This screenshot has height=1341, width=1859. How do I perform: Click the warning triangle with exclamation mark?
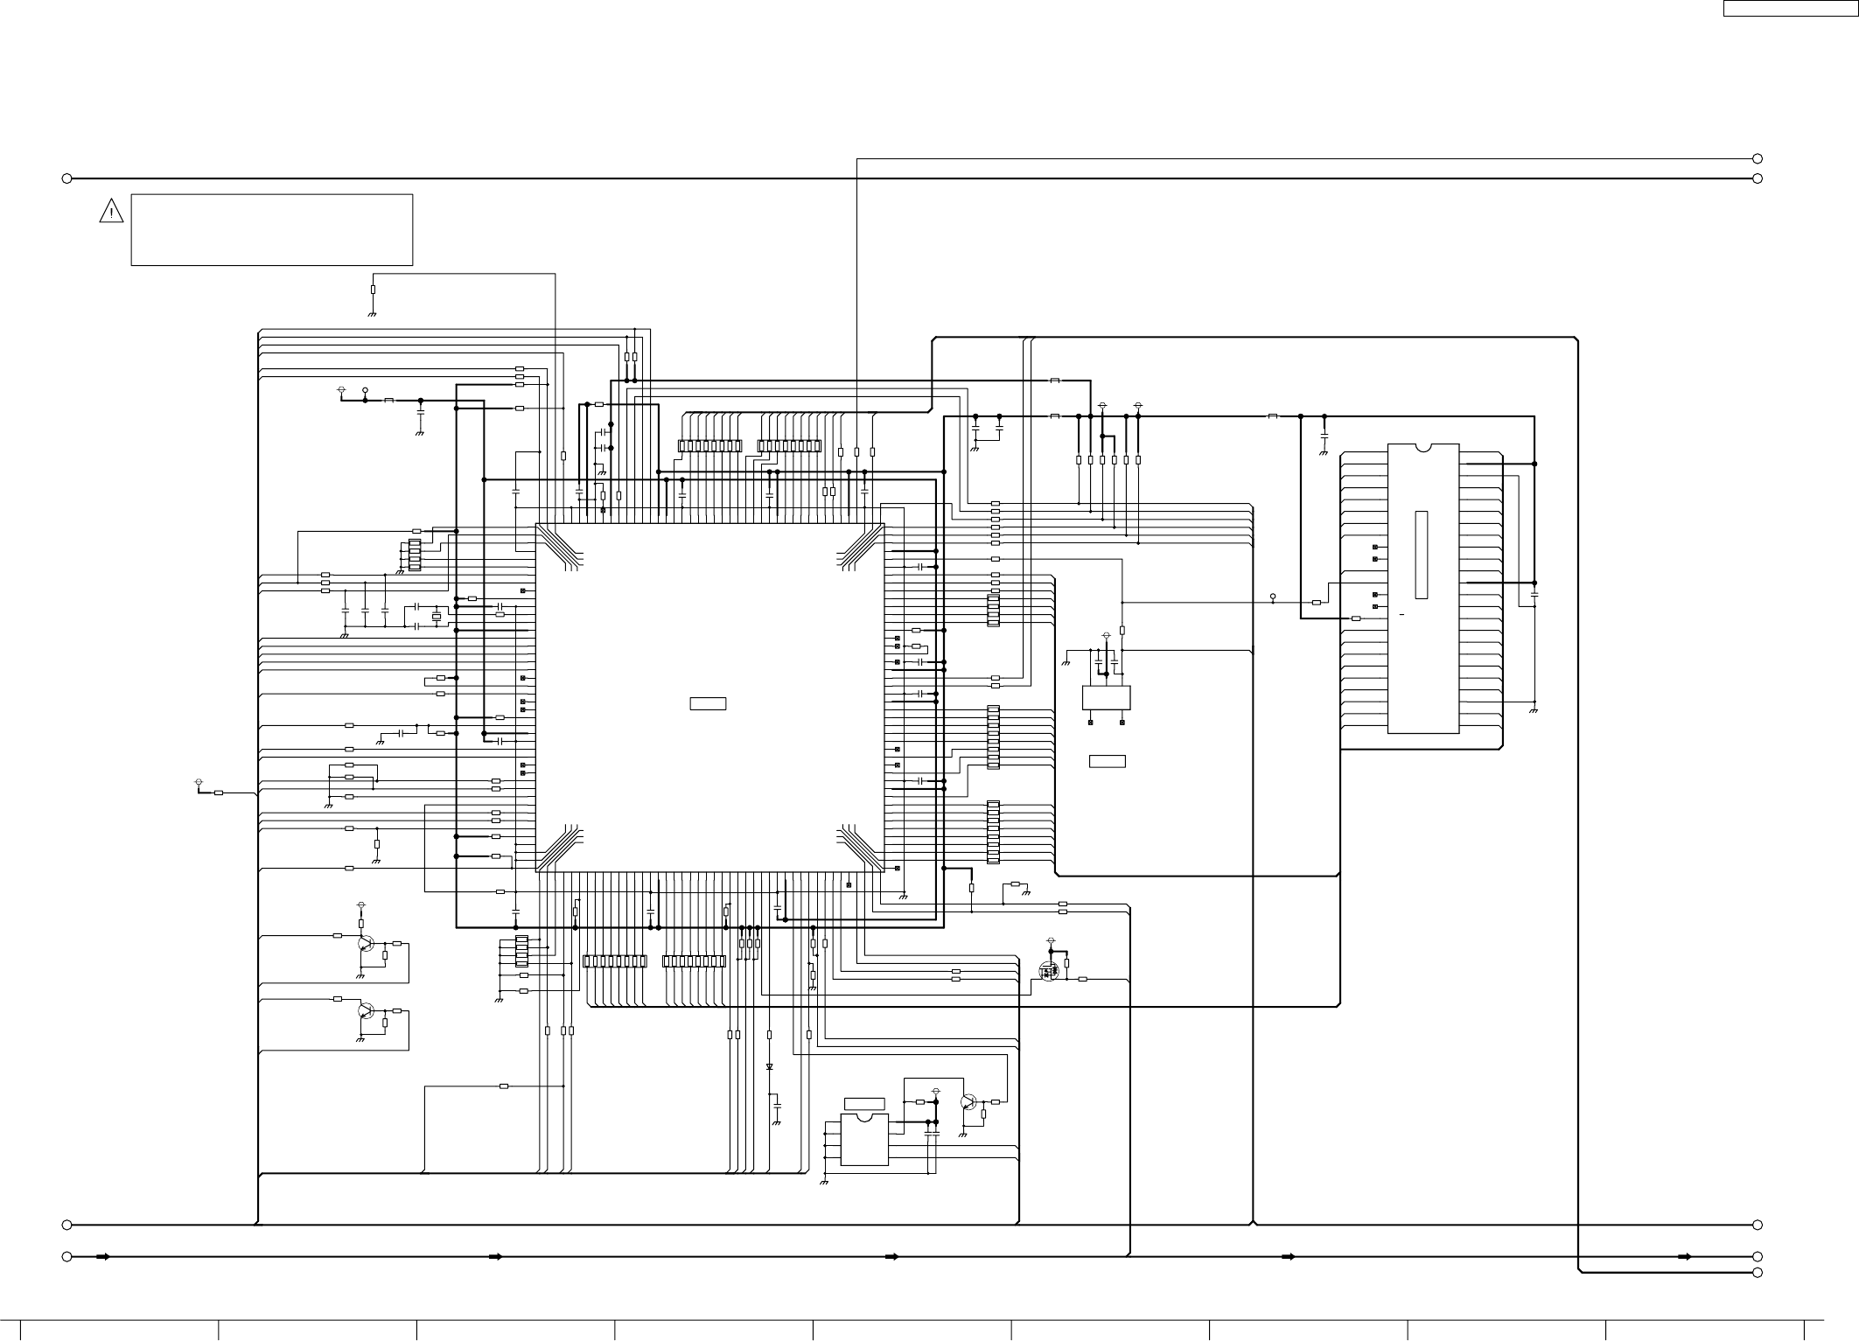pyautogui.click(x=111, y=211)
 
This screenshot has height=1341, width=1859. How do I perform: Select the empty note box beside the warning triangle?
pyautogui.click(x=271, y=229)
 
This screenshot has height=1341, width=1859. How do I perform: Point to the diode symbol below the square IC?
pyautogui.click(x=769, y=1067)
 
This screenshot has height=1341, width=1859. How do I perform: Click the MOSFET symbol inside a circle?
pyautogui.click(x=1047, y=970)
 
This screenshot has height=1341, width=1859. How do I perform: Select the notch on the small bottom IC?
pyautogui.click(x=864, y=1117)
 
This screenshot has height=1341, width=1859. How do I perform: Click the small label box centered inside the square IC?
pyautogui.click(x=708, y=703)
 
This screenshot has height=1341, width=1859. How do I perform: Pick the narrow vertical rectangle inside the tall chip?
pyautogui.click(x=1422, y=555)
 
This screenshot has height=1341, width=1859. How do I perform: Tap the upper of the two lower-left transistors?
pyautogui.click(x=366, y=944)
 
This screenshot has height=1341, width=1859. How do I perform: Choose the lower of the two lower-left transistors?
pyautogui.click(x=366, y=1011)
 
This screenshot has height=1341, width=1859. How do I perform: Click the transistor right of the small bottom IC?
pyautogui.click(x=968, y=1102)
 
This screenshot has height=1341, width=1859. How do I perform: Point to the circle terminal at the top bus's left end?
pyautogui.click(x=66, y=178)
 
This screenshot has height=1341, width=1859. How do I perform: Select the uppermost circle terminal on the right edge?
pyautogui.click(x=1757, y=158)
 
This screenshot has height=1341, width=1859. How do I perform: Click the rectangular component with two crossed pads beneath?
pyautogui.click(x=1107, y=697)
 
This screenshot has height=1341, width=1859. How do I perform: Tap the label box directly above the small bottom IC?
pyautogui.click(x=864, y=1103)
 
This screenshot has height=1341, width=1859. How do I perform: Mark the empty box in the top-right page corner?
pyautogui.click(x=1790, y=8)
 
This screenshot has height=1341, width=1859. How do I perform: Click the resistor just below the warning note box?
pyautogui.click(x=373, y=289)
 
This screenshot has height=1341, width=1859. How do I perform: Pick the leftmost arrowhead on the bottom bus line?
pyautogui.click(x=102, y=1257)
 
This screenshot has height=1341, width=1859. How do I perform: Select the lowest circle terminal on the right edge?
pyautogui.click(x=1757, y=1272)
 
